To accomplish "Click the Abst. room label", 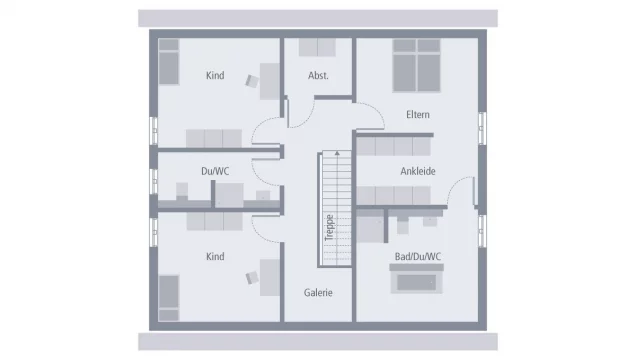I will coord(318,76).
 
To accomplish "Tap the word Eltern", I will coord(418,115).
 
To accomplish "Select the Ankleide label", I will coord(418,171).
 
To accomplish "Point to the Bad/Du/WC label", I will coord(418,257).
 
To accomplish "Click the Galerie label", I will coord(318,292).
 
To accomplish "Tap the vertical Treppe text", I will coord(327,228).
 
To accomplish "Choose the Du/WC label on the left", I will coord(215,171).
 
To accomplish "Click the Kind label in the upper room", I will coord(215,76).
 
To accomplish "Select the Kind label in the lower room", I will coord(215,257).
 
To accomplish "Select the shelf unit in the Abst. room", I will coord(318,47).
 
